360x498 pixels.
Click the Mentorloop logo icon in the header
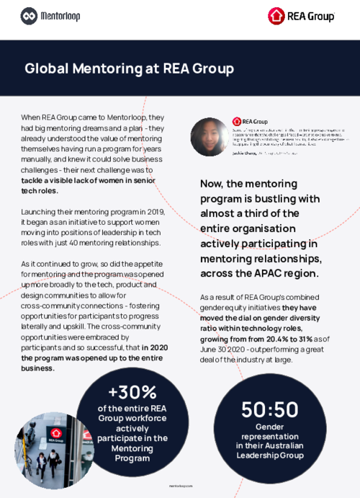(x=30, y=14)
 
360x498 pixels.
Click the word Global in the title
(x=47, y=68)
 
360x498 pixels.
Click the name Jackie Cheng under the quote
(x=243, y=154)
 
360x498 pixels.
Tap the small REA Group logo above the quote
(x=250, y=122)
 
